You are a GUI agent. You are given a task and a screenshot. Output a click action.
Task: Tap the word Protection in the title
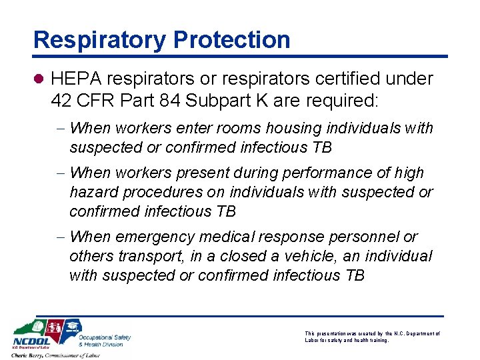[x=232, y=40]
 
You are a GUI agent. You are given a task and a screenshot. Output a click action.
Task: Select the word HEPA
[x=75, y=79]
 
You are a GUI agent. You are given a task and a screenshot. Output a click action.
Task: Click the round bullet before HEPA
[x=39, y=79]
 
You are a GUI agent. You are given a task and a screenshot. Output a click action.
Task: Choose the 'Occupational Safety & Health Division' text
[x=104, y=341]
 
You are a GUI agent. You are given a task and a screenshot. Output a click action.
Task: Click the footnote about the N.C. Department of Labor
[x=372, y=336]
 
